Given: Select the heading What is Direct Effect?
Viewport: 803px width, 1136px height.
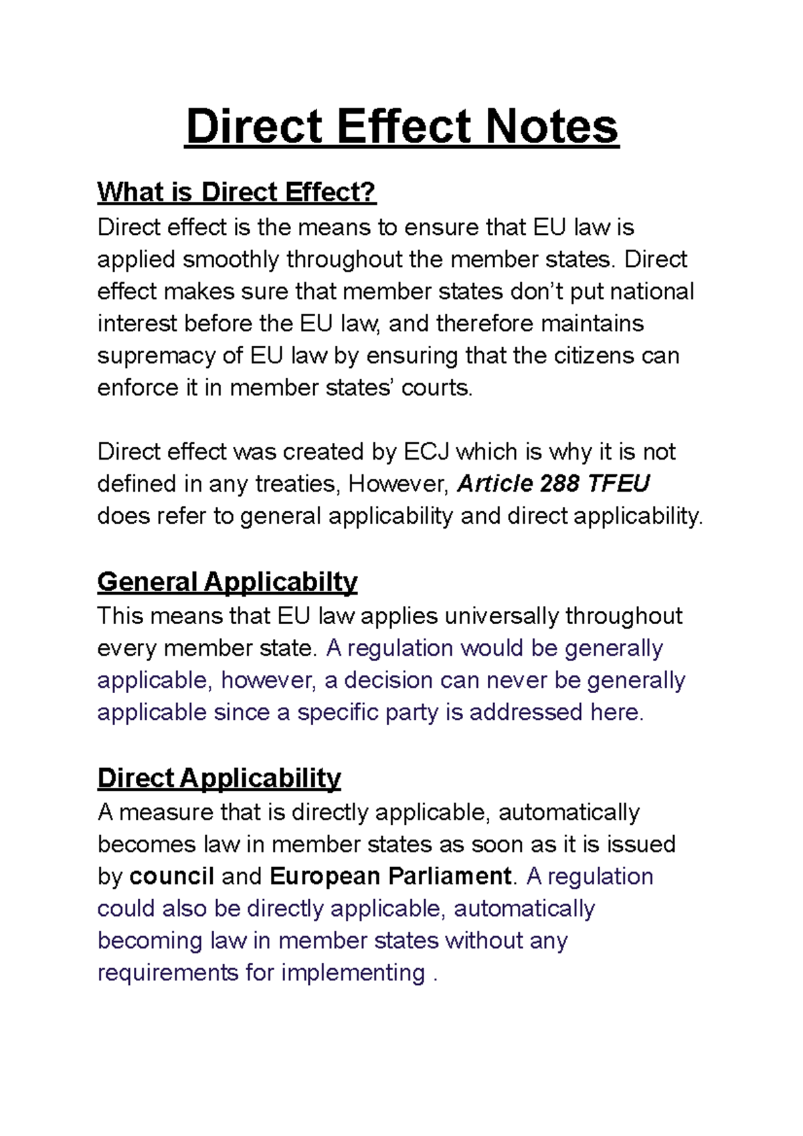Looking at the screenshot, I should (236, 193).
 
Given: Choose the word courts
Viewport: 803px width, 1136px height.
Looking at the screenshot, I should (436, 388).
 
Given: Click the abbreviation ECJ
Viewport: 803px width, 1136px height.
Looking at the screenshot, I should (426, 452).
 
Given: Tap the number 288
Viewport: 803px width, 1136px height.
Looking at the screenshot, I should (560, 484).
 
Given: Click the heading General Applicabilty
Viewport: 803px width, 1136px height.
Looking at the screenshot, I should (227, 581).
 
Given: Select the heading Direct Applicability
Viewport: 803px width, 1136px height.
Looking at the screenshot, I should (219, 778).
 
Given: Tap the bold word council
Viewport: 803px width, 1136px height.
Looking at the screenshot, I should (172, 876).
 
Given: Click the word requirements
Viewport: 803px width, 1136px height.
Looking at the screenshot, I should (168, 973).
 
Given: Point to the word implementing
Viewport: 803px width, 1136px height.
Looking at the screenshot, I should (353, 973).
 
